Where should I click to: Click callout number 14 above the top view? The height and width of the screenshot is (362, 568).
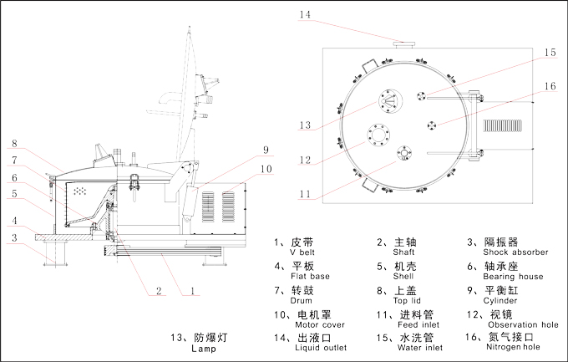(306, 14)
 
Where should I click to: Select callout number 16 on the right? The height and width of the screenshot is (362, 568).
(549, 85)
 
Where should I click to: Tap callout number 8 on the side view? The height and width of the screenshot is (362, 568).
(15, 144)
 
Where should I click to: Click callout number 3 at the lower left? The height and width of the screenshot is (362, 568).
(15, 238)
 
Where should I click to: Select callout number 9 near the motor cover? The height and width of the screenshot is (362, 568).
(264, 150)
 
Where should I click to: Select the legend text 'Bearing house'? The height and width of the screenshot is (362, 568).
(513, 277)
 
